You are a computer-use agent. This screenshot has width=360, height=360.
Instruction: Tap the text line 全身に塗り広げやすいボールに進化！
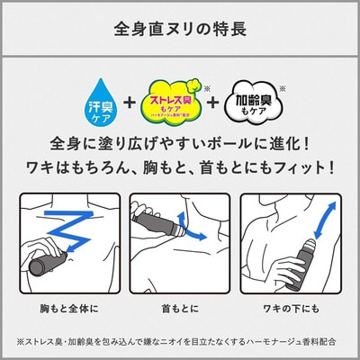coord(180,144)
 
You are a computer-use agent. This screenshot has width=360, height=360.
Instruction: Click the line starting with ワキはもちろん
coord(180,167)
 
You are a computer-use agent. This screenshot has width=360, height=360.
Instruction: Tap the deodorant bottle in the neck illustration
coord(162,224)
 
